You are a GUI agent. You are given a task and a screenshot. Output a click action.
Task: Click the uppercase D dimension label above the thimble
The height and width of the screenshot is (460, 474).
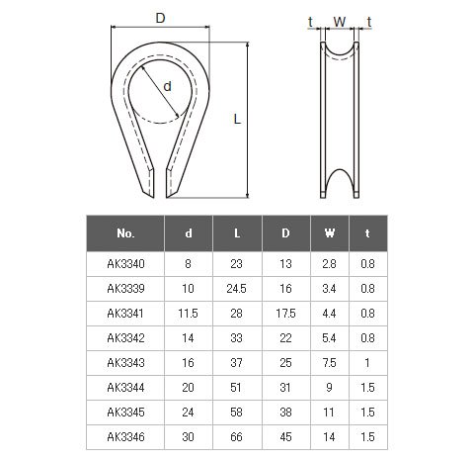click(x=160, y=18)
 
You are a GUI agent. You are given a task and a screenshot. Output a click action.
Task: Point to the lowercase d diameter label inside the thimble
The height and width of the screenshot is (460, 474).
click(x=168, y=87)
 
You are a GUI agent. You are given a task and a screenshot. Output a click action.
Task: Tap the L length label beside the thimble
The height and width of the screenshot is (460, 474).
click(x=237, y=119)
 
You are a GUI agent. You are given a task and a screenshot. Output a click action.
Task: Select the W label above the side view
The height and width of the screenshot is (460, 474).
click(x=340, y=22)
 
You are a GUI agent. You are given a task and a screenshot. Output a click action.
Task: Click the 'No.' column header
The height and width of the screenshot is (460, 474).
click(x=125, y=233)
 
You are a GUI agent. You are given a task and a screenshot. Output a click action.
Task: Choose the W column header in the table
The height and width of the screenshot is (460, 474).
click(x=330, y=233)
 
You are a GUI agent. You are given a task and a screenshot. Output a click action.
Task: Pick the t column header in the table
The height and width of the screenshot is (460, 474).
click(x=367, y=233)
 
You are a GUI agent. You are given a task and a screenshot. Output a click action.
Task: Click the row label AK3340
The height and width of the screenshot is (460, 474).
click(x=125, y=264)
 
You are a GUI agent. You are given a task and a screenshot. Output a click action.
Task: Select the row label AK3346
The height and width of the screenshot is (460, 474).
click(x=125, y=437)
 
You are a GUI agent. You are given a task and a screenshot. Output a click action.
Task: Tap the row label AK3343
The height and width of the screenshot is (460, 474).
click(x=125, y=363)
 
